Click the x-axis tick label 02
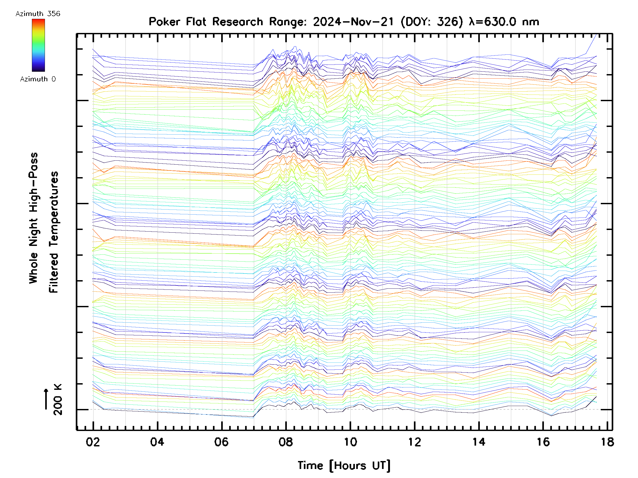pos(93,442)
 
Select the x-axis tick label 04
pos(157,442)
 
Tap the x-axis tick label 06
pos(221,442)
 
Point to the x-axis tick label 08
pos(286,442)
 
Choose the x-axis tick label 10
pos(350,442)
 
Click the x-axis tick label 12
pos(414,442)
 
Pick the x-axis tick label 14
pos(479,442)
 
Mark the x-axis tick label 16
pos(543,442)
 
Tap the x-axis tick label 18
pos(607,442)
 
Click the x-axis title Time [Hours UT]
pos(344,466)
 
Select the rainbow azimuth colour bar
pos(38,45)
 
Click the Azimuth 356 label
pos(38,14)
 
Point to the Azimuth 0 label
pos(38,79)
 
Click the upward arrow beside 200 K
pos(46,399)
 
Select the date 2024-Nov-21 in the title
pos(353,22)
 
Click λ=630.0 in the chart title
pos(492,22)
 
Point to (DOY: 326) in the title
pos(431,22)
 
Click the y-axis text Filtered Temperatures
pos(54,232)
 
